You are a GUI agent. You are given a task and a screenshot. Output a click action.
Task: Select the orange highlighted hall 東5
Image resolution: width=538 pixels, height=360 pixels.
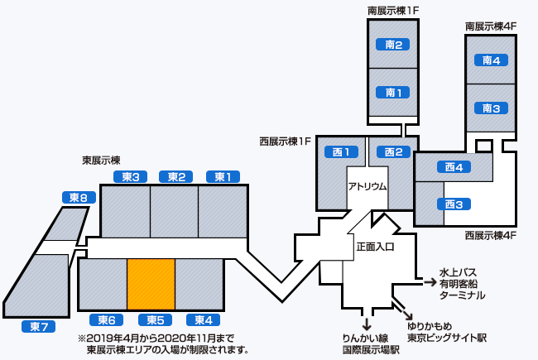click(x=151, y=283)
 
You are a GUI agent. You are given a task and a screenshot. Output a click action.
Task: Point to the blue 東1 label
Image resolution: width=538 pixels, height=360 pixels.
click(x=223, y=176)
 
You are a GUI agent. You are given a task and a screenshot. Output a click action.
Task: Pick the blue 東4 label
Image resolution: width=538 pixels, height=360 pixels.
click(x=203, y=320)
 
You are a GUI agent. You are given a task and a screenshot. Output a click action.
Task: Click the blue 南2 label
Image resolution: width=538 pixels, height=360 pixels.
click(x=394, y=45)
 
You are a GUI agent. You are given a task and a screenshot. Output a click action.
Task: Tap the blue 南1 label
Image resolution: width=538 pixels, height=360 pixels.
click(x=394, y=93)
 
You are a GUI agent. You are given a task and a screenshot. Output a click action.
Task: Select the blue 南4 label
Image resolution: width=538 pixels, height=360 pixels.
click(x=491, y=60)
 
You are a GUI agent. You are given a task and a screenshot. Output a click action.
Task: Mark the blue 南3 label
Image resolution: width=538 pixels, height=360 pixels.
click(x=491, y=108)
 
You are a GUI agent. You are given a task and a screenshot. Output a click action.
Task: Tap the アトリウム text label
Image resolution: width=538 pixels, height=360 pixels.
click(x=367, y=186)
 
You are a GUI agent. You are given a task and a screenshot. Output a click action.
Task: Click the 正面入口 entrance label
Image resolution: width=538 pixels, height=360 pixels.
click(x=375, y=247)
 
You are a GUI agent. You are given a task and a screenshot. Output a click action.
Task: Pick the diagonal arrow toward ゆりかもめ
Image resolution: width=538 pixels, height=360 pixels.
click(x=409, y=314)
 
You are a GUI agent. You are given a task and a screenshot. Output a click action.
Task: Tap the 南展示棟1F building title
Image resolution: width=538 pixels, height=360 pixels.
click(x=394, y=11)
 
